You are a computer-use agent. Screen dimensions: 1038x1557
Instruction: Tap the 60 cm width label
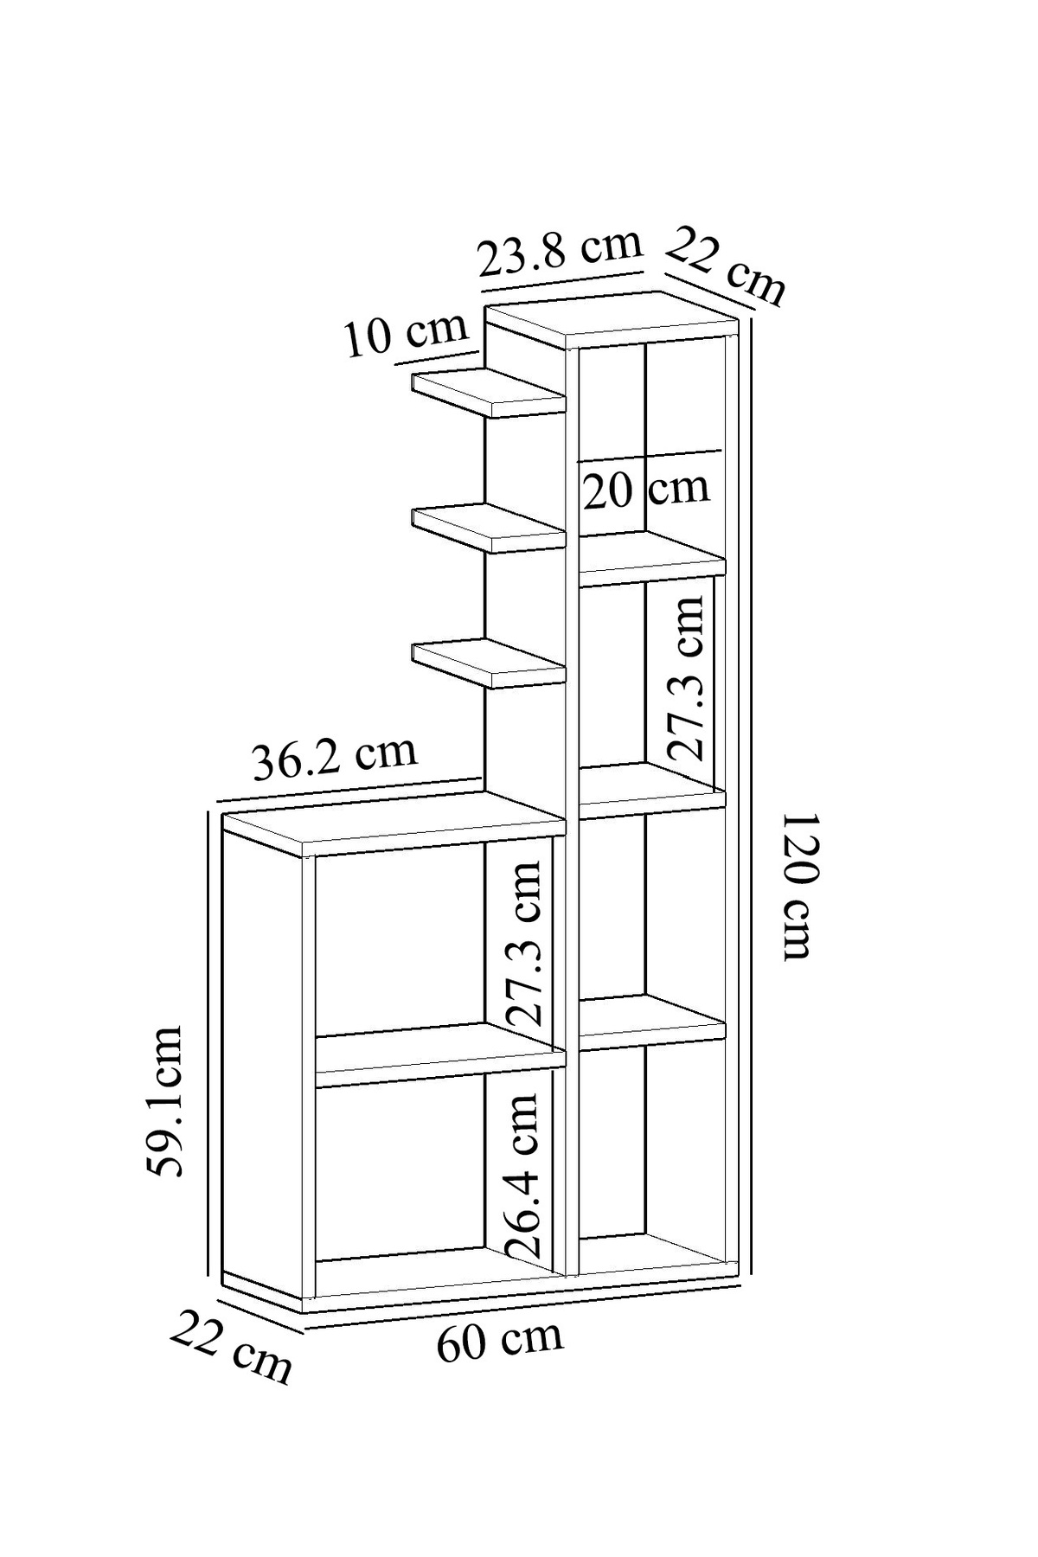coord(499,1339)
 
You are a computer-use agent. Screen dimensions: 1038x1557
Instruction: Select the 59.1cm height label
coord(165,1100)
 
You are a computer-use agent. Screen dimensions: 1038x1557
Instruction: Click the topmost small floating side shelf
coord(489,394)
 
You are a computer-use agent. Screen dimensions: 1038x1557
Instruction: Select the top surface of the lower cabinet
coord(394,825)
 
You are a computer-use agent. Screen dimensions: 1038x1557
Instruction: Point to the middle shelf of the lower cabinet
coord(440,1054)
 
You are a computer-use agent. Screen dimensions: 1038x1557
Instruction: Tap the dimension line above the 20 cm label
coord(650,456)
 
